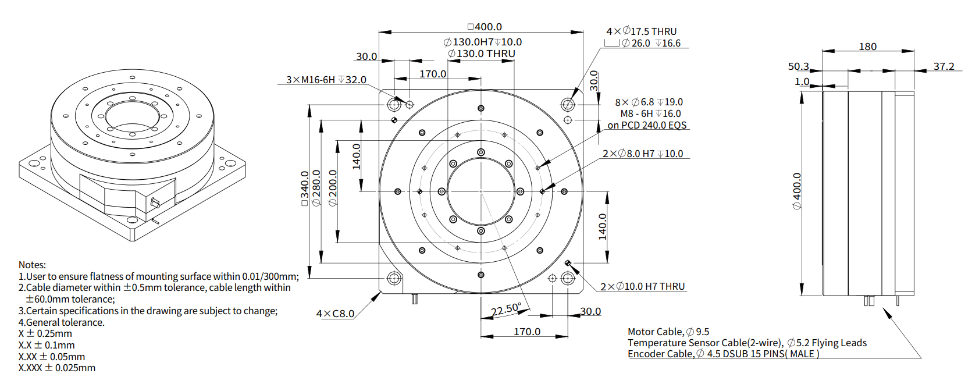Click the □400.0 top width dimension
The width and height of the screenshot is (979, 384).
pos(485,27)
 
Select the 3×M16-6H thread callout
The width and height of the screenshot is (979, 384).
pos(326,80)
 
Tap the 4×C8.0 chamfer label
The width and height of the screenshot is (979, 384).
pos(335,314)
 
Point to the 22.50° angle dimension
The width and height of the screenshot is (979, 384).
pos(505,310)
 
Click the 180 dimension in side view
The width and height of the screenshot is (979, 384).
pos(867,47)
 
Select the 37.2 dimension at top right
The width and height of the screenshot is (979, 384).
pos(944,66)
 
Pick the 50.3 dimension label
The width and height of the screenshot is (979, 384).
pos(798,66)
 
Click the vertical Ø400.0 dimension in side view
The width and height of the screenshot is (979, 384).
pos(797,191)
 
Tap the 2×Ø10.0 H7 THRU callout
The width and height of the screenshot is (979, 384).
pos(642,286)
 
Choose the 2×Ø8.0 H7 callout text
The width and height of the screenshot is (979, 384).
pos(642,154)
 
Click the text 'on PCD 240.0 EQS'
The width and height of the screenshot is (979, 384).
pos(647,125)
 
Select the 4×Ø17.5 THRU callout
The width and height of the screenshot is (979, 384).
pos(641,31)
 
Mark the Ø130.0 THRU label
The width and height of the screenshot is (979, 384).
pos(481,54)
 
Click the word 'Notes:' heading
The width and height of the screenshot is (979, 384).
pos(32,265)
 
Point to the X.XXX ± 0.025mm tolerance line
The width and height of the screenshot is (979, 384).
pos(56,368)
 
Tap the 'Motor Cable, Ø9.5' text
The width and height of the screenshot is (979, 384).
pos(668,332)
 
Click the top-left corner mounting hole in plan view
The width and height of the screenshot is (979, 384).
pos(394,105)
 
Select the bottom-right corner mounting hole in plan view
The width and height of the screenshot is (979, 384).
pos(568,278)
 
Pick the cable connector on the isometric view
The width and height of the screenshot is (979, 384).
pos(155,203)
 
